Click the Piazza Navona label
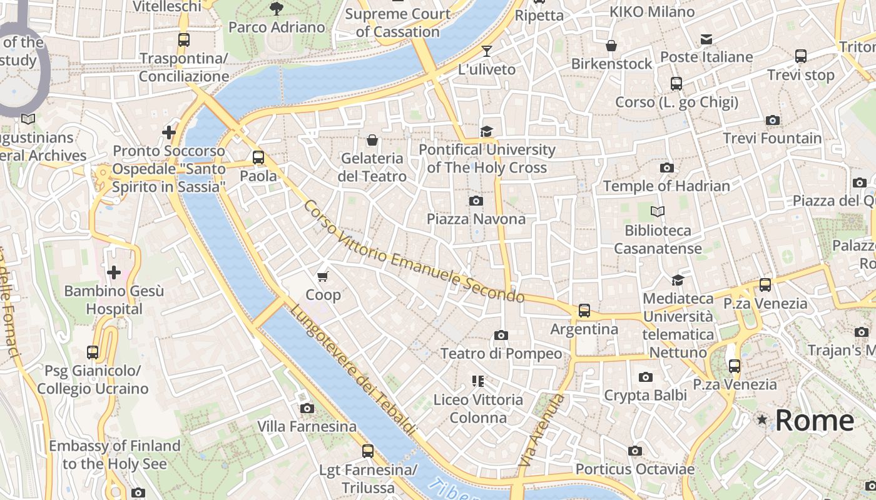pyautogui.click(x=476, y=219)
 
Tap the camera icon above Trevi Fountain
pyautogui.click(x=772, y=120)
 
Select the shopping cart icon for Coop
pyautogui.click(x=323, y=276)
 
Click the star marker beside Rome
pyautogui.click(x=761, y=420)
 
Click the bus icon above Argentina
pyautogui.click(x=584, y=310)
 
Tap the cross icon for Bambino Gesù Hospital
pyautogui.click(x=114, y=272)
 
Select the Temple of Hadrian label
pyautogui.click(x=666, y=186)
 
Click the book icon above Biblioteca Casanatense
pyautogui.click(x=657, y=211)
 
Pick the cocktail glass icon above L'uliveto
pyautogui.click(x=487, y=51)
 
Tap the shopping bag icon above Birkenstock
pyautogui.click(x=611, y=46)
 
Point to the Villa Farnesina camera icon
pyautogui.click(x=307, y=408)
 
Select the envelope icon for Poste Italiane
pyautogui.click(x=706, y=39)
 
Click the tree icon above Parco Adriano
pyautogui.click(x=276, y=8)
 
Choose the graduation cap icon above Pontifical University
pyautogui.click(x=486, y=131)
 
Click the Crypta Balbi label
pyautogui.click(x=645, y=395)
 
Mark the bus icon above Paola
pyautogui.click(x=258, y=157)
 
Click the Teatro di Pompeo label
pyautogui.click(x=501, y=354)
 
